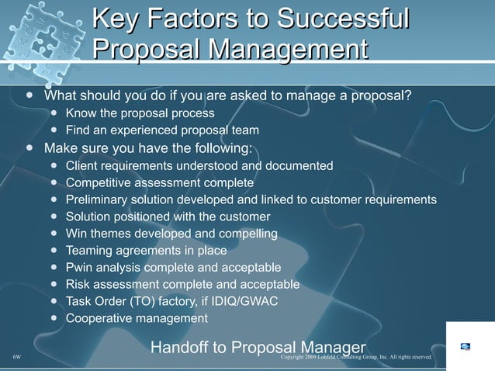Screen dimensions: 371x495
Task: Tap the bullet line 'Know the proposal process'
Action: (x=140, y=114)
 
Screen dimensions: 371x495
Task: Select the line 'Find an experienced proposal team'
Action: (x=162, y=130)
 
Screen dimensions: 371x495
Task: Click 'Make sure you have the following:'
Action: (x=148, y=148)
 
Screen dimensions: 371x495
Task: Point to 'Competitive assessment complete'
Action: (x=160, y=183)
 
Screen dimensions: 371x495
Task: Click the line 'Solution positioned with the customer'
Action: (x=168, y=217)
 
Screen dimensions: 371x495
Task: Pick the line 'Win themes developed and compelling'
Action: (x=171, y=234)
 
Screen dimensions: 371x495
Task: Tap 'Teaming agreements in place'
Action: (x=147, y=251)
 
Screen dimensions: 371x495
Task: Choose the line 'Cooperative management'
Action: (x=137, y=318)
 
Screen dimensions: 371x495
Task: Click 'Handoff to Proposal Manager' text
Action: (x=258, y=347)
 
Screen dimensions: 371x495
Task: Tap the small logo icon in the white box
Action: (x=465, y=346)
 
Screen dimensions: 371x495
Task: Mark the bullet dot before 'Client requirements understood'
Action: (x=53, y=166)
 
